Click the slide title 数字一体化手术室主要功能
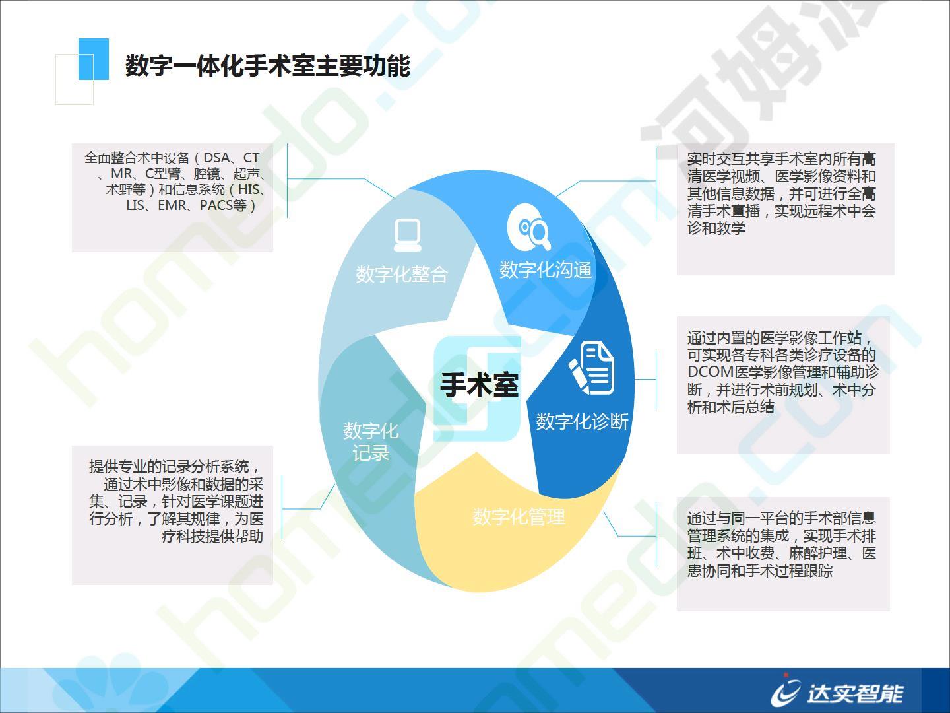click(x=267, y=66)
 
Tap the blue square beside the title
click(x=94, y=59)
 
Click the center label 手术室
click(x=479, y=385)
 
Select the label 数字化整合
click(x=402, y=274)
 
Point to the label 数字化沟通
click(x=546, y=270)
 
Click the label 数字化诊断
click(x=582, y=421)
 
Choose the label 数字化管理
click(x=519, y=516)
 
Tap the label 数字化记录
click(x=371, y=442)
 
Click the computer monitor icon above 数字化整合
click(x=407, y=235)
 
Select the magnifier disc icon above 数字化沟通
click(x=529, y=226)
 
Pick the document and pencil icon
click(x=591, y=368)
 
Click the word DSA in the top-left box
click(x=216, y=158)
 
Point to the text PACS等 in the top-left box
click(x=223, y=205)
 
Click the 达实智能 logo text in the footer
click(x=855, y=693)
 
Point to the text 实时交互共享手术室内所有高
click(x=782, y=159)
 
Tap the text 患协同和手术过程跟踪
click(x=760, y=570)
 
